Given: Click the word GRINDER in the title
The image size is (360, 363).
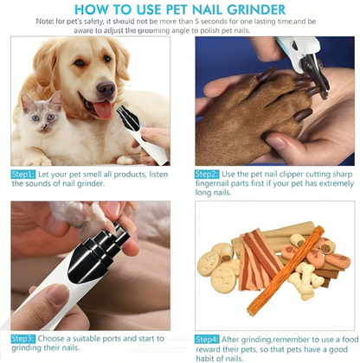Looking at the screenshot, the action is tap(256, 10).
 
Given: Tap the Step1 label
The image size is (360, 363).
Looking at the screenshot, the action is tap(23, 175).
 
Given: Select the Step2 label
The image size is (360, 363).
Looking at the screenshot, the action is tap(207, 175).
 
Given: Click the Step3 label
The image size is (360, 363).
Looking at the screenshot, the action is tap(23, 339).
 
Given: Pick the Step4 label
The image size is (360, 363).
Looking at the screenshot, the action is tap(207, 340).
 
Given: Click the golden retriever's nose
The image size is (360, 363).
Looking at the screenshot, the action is tap(106, 88).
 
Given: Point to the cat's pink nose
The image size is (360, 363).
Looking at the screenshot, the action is tap(44, 125).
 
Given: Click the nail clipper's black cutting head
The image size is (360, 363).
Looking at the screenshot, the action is tap(313, 74).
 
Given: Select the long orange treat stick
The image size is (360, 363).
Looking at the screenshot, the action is tap(286, 271).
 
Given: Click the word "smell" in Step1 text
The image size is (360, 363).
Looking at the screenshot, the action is tap(92, 175).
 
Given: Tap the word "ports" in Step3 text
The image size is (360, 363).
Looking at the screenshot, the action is tap(111, 339).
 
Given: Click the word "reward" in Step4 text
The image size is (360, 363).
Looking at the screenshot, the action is tap(208, 349).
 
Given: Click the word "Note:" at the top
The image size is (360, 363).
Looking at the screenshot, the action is tap(44, 22).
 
